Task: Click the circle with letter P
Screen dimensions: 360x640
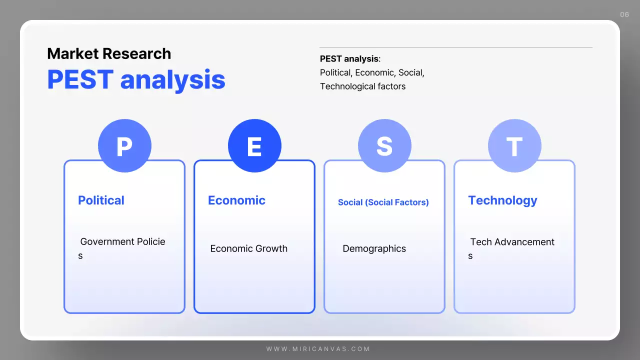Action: [124, 146]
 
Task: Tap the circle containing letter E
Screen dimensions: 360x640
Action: [254, 146]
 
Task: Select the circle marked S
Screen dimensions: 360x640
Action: [384, 146]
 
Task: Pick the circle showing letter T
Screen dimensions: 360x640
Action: [514, 146]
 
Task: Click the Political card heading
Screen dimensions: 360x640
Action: [101, 200]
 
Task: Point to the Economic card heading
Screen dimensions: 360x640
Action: [236, 200]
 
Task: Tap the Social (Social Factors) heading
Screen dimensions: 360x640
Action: [383, 202]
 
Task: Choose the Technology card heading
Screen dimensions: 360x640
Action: [502, 200]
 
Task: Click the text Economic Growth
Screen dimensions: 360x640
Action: [248, 248]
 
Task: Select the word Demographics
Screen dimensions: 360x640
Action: [374, 248]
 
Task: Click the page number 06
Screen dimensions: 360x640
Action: [624, 14]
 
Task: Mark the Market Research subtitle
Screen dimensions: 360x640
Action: [109, 53]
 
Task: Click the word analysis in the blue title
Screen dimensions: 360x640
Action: [173, 80]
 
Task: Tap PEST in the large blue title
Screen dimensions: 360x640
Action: [80, 80]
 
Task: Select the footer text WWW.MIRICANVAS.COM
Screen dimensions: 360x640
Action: [318, 349]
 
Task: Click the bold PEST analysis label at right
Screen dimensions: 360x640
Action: [349, 59]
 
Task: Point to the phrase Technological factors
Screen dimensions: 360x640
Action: [362, 86]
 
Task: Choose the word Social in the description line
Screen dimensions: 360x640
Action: [409, 72]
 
